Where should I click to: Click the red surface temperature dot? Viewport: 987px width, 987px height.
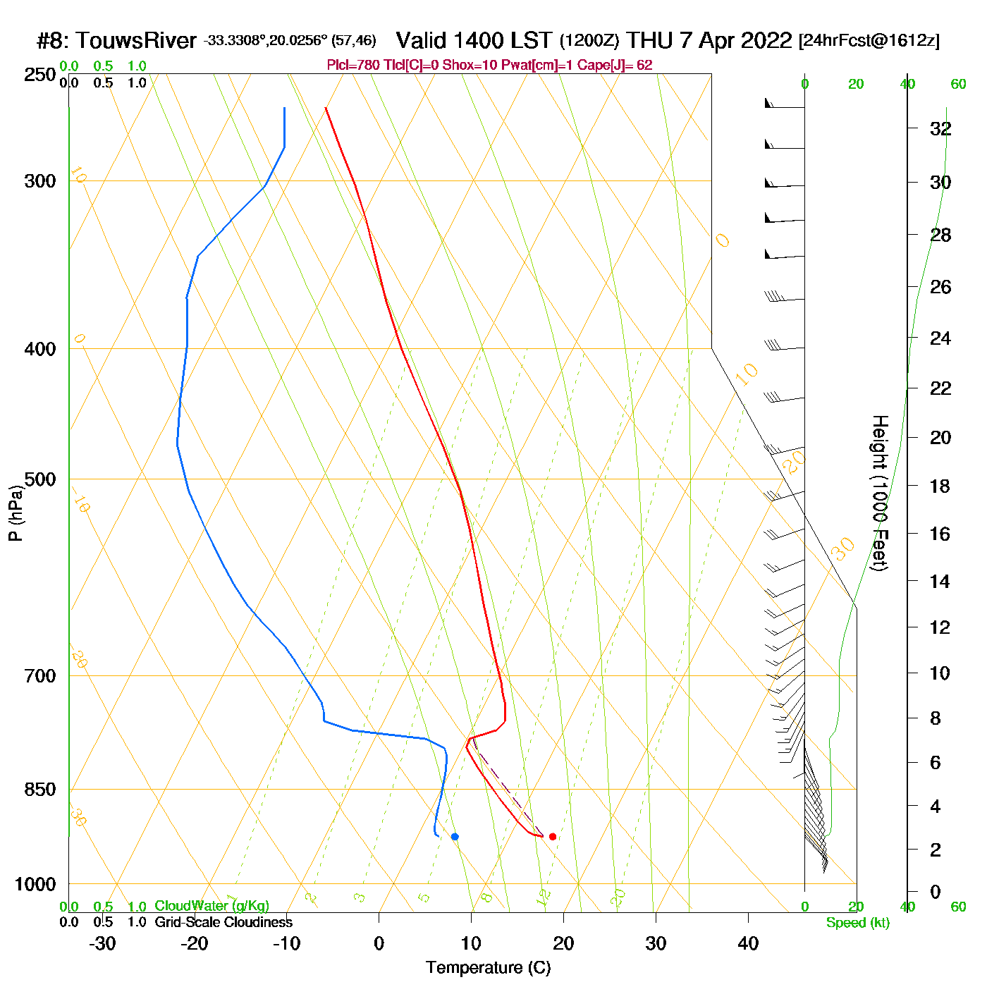553,836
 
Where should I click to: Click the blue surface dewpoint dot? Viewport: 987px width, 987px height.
455,836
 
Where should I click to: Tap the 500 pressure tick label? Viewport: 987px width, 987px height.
40,479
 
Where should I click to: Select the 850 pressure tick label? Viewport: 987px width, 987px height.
40,790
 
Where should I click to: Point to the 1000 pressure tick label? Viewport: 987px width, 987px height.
35,884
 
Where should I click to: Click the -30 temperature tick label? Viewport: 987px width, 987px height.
102,943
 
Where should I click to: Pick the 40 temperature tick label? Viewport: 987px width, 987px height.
748,943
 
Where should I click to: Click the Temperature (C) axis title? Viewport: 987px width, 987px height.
488,968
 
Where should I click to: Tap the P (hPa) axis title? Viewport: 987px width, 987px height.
16,513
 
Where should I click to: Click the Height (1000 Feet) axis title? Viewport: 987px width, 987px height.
880,493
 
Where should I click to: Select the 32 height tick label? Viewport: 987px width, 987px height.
940,128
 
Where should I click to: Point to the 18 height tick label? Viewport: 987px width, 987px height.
940,486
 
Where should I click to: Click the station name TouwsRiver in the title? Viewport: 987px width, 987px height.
136,41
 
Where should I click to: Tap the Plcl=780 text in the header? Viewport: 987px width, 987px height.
353,66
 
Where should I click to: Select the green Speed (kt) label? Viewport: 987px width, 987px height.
857,923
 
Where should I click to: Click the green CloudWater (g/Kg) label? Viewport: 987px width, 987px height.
211,906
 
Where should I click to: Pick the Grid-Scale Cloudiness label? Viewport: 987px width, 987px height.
223,922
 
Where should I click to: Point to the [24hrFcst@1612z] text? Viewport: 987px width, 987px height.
869,41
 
